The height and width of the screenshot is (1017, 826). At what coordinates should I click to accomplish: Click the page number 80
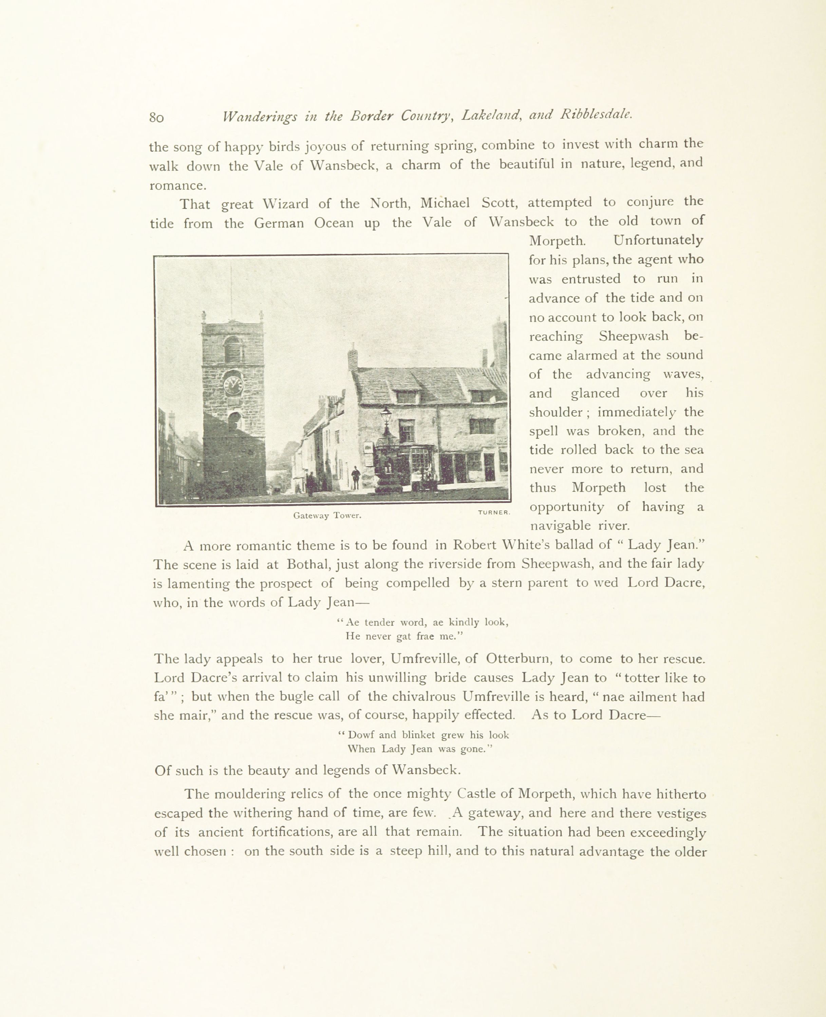(156, 117)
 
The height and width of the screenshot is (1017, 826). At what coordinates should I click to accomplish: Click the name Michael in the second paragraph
(445, 203)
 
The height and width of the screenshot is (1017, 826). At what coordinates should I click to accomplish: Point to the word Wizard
(285, 204)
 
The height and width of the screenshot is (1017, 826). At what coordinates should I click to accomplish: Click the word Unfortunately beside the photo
(658, 240)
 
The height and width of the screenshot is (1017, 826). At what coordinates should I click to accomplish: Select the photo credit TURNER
(494, 512)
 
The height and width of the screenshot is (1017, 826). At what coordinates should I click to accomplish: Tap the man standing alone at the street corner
(355, 477)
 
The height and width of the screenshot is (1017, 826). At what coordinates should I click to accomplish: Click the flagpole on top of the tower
(231, 290)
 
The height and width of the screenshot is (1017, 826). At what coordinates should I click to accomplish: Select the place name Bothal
(307, 564)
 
